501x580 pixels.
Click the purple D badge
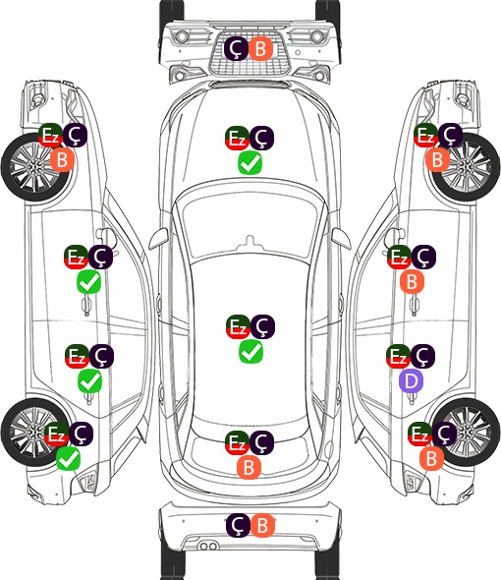click(412, 381)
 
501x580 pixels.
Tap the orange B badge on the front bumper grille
click(260, 48)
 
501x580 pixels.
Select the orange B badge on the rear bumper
click(262, 525)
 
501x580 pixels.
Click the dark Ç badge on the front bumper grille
click(237, 48)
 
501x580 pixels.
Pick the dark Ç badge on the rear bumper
click(238, 525)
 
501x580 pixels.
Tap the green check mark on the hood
click(250, 163)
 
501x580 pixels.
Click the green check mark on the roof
click(251, 351)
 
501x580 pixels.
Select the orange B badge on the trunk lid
click(250, 467)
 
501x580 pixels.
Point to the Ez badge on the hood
click(237, 139)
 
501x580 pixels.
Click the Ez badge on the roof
click(238, 326)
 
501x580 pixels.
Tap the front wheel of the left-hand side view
click(36, 167)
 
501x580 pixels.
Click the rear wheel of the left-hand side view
click(35, 432)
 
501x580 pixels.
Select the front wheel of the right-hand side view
click(467, 167)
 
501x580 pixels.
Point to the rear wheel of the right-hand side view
click(467, 432)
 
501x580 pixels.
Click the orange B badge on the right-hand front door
click(413, 282)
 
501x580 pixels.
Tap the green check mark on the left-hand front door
click(88, 282)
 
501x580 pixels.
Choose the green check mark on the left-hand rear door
click(89, 381)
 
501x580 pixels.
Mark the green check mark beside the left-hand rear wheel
click(69, 459)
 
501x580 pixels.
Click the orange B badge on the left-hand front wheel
click(63, 160)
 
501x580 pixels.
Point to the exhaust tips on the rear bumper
click(208, 546)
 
